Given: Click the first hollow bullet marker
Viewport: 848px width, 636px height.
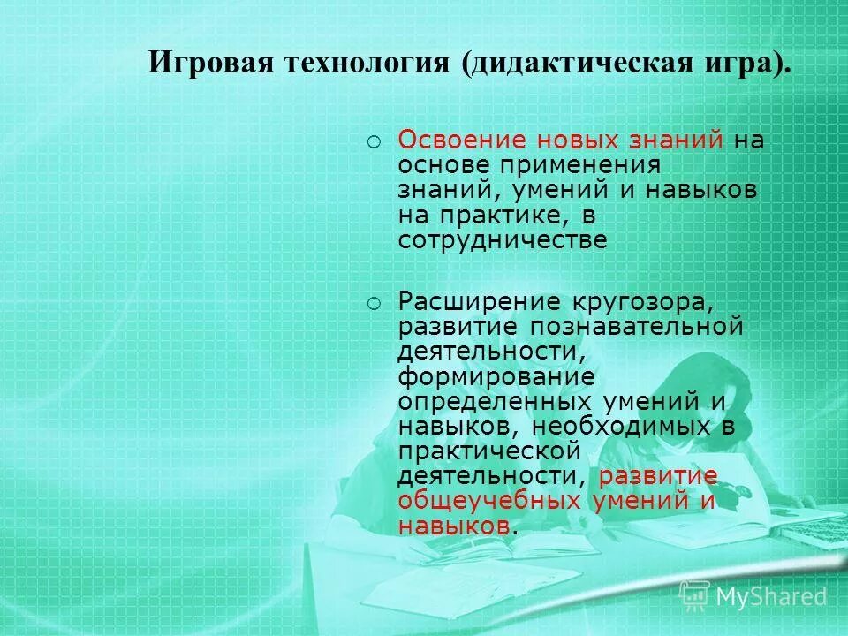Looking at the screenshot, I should point(374,141).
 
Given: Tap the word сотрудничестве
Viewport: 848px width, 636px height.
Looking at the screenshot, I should point(502,240).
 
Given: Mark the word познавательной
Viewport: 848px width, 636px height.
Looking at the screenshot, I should point(637,327).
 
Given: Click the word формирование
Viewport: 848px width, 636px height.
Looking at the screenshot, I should point(495,376).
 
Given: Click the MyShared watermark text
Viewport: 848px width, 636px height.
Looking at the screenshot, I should point(771,596).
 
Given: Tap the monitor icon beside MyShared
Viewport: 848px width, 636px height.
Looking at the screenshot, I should point(694,596).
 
